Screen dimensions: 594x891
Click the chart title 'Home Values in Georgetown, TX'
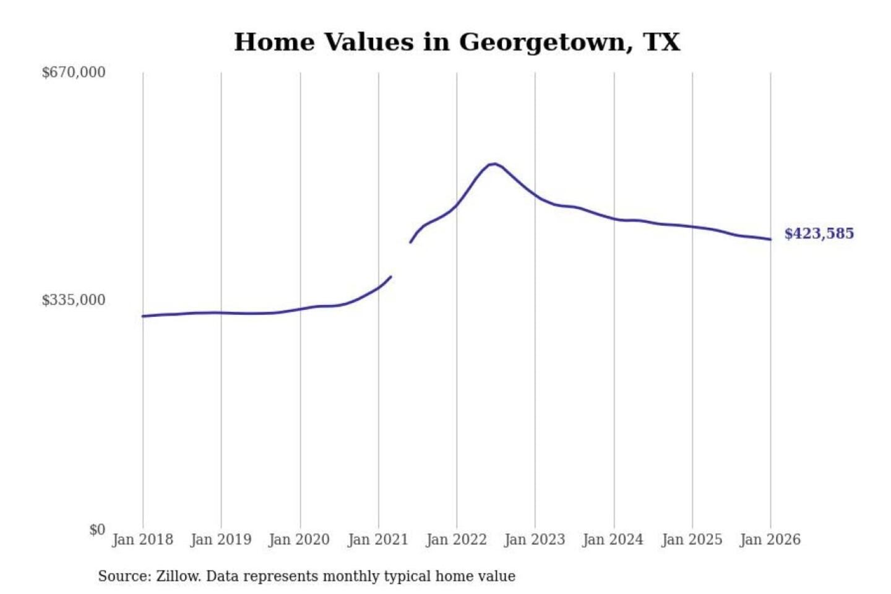457,42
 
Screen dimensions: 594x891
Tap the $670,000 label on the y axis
74,72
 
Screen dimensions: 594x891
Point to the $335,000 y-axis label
74,300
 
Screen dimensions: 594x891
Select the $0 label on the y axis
97,530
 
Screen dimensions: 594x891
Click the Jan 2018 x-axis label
142,540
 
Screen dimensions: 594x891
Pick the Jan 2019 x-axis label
221,540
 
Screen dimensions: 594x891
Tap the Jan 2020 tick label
299,540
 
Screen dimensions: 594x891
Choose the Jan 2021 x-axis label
378,540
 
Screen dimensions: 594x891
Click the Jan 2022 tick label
457,540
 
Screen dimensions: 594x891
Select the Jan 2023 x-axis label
535,540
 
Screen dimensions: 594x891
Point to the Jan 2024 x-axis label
613,540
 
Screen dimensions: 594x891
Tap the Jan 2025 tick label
692,540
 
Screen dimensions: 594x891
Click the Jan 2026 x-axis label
770,540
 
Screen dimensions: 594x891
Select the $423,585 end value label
819,233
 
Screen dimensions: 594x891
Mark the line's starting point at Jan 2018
143,316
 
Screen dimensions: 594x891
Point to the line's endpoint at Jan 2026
770,239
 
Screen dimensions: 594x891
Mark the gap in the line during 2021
401,259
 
